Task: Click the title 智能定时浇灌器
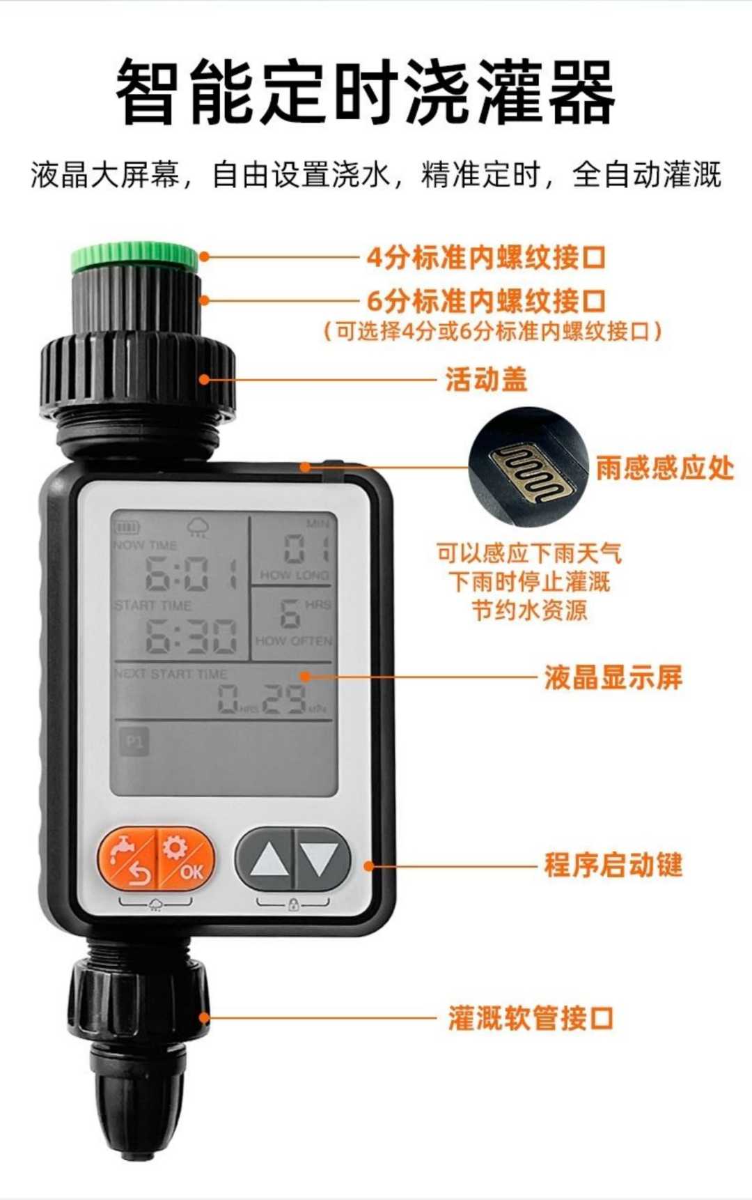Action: (365, 92)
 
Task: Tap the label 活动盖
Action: (487, 380)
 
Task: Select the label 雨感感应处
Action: (664, 468)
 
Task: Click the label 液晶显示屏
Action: (613, 677)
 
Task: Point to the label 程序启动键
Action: (613, 866)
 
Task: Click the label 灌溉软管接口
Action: (530, 1018)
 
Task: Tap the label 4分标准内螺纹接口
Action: (486, 258)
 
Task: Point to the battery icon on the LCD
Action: (127, 528)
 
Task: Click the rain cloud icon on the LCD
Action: (198, 528)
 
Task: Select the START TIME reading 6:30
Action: (190, 636)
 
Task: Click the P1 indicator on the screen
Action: (134, 741)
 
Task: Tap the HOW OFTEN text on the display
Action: (293, 640)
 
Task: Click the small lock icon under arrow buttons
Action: (293, 905)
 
